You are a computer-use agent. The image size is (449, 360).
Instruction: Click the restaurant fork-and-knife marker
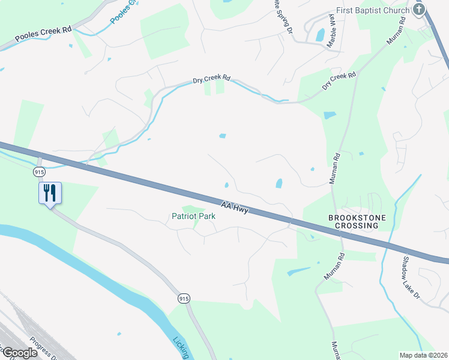pos(50,193)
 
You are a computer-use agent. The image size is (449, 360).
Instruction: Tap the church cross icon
pos(419,10)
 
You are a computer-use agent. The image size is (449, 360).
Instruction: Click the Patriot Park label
pos(193,216)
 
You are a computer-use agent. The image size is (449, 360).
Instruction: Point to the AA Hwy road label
pos(235,208)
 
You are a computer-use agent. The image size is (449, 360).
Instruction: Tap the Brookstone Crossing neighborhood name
pos(353,221)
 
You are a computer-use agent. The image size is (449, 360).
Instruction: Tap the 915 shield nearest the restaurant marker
pos(40,172)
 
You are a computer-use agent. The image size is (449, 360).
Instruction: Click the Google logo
pos(19,353)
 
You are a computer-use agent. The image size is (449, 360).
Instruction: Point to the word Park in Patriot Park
pos(206,216)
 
